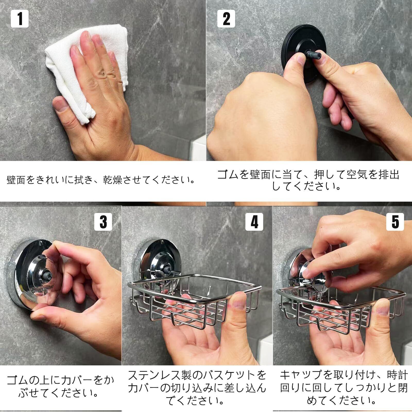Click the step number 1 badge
coord(20,19)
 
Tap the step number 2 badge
coord(226,19)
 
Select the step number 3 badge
coord(103,222)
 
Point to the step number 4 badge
coord(254,222)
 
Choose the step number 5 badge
coord(395,222)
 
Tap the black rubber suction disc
coord(304,53)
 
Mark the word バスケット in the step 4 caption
coord(228,375)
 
